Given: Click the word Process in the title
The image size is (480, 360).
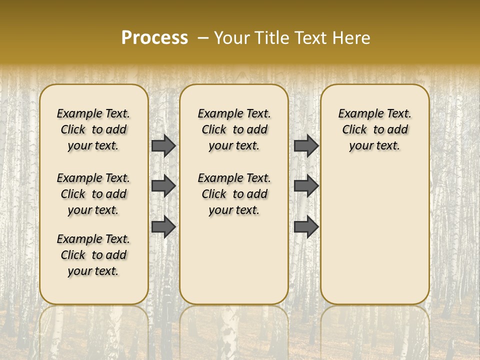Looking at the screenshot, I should (x=154, y=38).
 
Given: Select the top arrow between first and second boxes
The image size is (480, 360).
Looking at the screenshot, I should (x=163, y=145).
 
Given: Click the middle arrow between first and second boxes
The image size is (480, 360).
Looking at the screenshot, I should (x=163, y=186).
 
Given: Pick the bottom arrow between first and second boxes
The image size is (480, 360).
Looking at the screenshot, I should (x=163, y=226).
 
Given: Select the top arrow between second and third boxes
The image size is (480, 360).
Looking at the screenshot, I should (x=306, y=145).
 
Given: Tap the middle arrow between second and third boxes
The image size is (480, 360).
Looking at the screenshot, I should (x=306, y=186).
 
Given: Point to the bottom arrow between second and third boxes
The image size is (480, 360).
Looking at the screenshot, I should (x=306, y=226).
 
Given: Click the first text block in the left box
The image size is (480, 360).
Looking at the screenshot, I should (x=93, y=129).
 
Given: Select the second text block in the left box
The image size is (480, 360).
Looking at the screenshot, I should (x=93, y=194).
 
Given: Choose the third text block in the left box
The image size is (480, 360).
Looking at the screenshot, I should (x=93, y=255).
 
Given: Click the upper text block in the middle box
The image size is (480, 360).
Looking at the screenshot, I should (x=234, y=129).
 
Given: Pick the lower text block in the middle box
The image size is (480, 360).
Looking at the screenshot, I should (x=234, y=194).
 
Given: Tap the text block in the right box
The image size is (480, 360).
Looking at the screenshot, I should (x=374, y=129).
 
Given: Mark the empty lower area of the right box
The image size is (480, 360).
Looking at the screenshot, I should (x=374, y=235).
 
